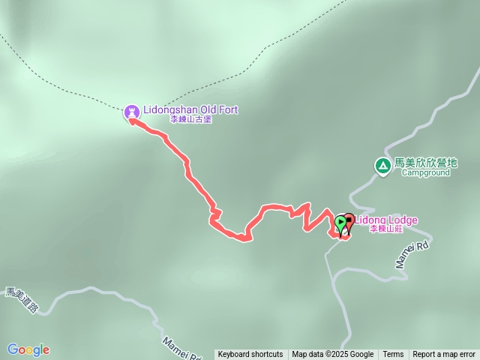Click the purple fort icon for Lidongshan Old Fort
click(132, 112)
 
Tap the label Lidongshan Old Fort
click(190, 109)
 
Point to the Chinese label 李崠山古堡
click(190, 119)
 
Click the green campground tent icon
click(382, 165)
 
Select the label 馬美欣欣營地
click(425, 162)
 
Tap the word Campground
click(425, 172)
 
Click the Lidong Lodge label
click(386, 220)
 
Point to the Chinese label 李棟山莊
click(388, 230)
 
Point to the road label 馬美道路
click(20, 301)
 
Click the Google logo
click(28, 349)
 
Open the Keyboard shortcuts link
click(250, 355)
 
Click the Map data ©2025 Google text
click(333, 355)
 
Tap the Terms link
click(393, 355)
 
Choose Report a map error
click(444, 355)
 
